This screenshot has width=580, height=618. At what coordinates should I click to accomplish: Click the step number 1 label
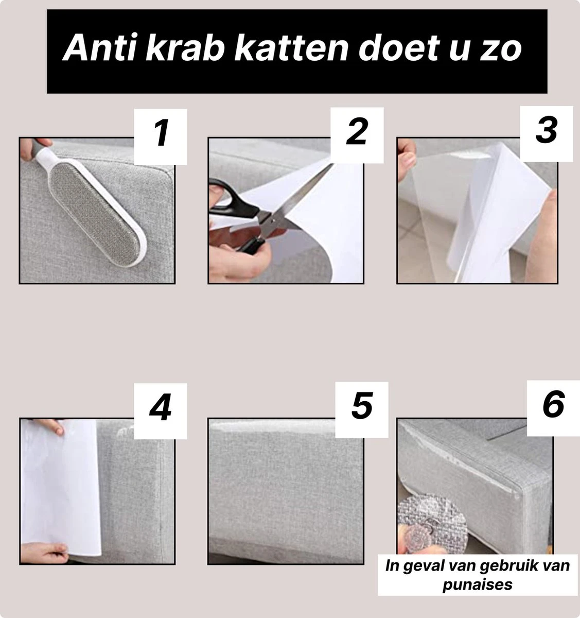tap(161, 133)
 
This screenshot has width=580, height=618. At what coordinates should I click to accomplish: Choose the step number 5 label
tap(362, 405)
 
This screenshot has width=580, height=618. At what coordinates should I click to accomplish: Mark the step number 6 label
tap(553, 405)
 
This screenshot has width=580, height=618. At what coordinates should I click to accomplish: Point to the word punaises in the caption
tap(478, 585)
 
